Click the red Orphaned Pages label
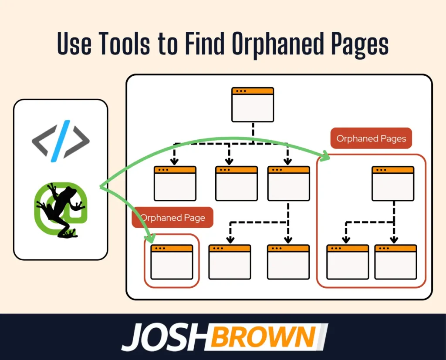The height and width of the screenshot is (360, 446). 371,138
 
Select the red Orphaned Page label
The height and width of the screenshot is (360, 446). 172,218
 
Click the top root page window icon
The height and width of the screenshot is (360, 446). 253,104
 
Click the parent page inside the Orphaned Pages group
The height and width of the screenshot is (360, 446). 393,183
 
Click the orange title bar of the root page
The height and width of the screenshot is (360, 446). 253,91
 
